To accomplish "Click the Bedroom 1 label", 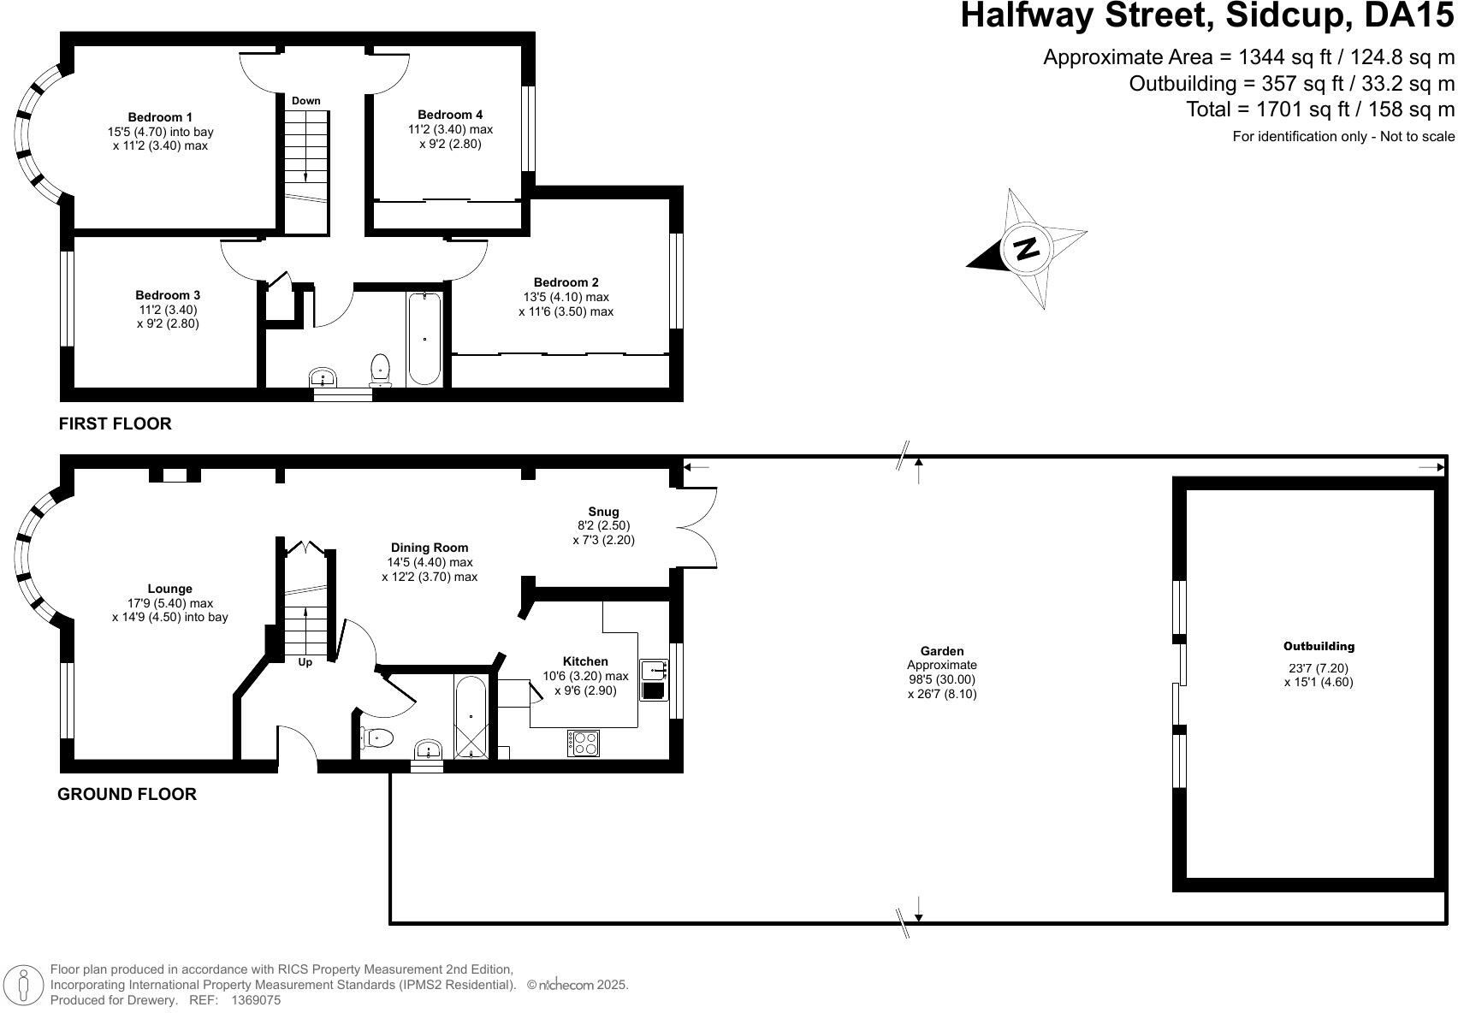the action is point(160,117).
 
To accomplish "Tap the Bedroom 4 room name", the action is point(450,115).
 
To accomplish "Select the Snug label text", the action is point(603,512).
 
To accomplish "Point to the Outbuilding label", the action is point(1319,647).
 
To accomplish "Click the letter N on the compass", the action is point(1027,248).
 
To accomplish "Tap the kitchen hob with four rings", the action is point(584,743).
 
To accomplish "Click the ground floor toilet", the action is point(377,738).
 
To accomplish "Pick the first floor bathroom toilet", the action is point(380,369).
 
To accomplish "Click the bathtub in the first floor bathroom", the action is point(424,339).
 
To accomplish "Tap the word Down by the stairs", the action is point(306,101).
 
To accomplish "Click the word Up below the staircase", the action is point(305,662).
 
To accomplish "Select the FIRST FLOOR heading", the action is point(116,424).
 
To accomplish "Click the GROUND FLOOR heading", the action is point(127,794).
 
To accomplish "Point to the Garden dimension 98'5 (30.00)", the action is point(942,679).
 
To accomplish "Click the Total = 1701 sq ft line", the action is point(1320,110).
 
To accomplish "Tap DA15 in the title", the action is point(1408,15).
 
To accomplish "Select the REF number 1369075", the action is point(257,1000).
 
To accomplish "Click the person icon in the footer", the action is point(23,985).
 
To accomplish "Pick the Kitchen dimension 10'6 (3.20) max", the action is point(586,676).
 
